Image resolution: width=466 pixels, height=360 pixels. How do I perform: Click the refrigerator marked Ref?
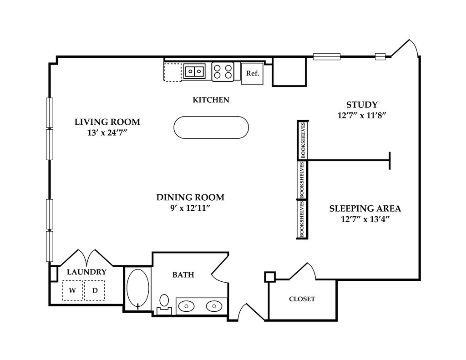[x=252, y=73]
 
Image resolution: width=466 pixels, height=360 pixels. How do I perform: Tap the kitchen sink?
[x=194, y=71]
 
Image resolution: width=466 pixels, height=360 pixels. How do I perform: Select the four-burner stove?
[x=223, y=71]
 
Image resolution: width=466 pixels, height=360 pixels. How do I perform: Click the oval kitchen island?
[x=211, y=127]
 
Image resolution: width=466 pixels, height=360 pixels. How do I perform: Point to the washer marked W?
[x=72, y=290]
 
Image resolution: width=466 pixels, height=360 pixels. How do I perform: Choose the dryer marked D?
[x=95, y=290]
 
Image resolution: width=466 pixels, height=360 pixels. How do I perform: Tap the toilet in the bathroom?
[x=164, y=304]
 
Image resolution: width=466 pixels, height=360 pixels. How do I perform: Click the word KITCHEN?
[x=211, y=100]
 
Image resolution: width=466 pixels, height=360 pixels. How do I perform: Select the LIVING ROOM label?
[x=107, y=122]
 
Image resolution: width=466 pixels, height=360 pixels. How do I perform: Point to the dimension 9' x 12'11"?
[x=190, y=208]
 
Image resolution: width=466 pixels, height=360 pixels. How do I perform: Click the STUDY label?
[x=362, y=105]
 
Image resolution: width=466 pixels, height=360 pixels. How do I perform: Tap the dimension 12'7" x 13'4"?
[x=365, y=219]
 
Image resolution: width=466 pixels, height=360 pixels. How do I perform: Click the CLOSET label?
[x=302, y=299]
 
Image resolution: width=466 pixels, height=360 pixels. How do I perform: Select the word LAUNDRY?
[x=86, y=272]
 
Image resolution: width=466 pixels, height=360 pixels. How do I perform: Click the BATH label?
[x=183, y=275]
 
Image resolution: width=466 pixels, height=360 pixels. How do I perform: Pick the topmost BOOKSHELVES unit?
[x=303, y=140]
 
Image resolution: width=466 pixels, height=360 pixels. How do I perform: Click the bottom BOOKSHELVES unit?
[x=302, y=219]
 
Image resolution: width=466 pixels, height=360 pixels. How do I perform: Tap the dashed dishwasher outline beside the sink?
[x=172, y=72]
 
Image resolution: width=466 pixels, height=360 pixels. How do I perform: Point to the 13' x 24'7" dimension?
[x=107, y=132]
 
